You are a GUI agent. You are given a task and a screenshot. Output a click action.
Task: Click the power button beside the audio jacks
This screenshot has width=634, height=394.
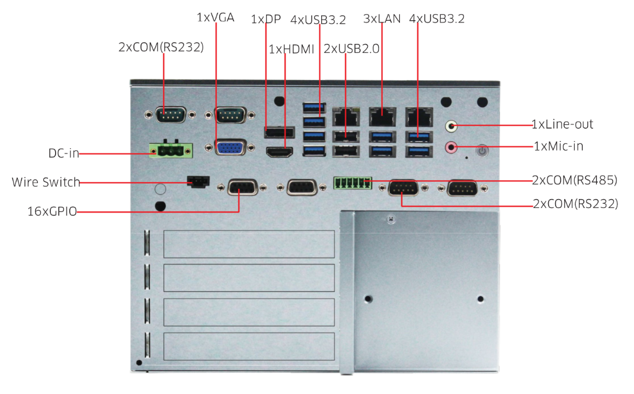pyautogui.click(x=482, y=151)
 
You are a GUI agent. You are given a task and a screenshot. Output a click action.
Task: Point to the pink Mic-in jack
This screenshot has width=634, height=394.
pyautogui.click(x=452, y=146)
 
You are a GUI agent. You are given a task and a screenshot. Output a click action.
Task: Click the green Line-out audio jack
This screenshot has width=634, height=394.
pyautogui.click(x=452, y=126)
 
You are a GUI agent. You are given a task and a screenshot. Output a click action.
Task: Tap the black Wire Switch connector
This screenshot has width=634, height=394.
pyautogui.click(x=197, y=181)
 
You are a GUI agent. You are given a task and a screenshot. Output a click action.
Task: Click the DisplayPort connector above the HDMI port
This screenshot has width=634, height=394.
pyautogui.click(x=279, y=132)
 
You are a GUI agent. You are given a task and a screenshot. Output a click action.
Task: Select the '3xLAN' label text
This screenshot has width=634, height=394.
pyautogui.click(x=382, y=19)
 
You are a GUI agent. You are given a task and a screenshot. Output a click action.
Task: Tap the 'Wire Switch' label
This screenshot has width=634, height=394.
pyautogui.click(x=46, y=182)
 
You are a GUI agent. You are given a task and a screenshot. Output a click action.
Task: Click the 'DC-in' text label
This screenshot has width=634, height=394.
pyautogui.click(x=63, y=153)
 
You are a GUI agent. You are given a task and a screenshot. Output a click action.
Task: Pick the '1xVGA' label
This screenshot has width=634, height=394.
pyautogui.click(x=215, y=18)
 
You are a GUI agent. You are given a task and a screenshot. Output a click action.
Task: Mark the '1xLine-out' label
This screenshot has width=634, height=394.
pyautogui.click(x=562, y=124)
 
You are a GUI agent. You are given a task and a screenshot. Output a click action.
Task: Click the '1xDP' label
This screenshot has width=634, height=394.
pyautogui.click(x=266, y=19)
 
